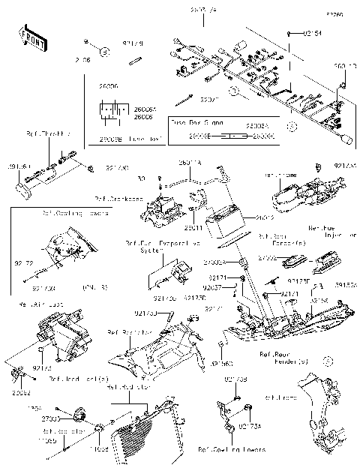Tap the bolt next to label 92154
(291, 34)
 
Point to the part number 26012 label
(264, 218)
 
